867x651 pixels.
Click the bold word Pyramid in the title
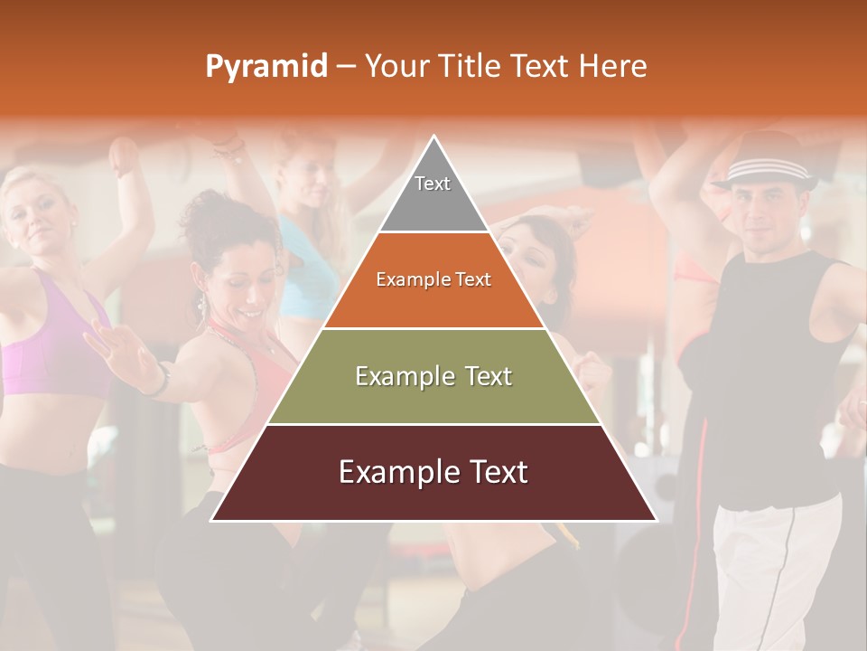click(266, 67)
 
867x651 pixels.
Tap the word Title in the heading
click(470, 66)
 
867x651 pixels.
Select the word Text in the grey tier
click(433, 184)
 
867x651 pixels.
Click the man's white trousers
click(768, 570)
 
